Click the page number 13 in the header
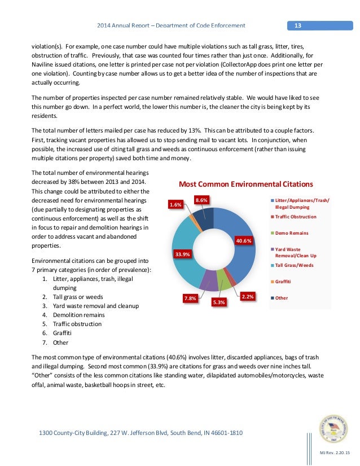(x=298, y=25)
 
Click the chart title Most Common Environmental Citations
(x=245, y=184)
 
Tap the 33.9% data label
(x=183, y=254)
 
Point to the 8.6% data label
(x=201, y=200)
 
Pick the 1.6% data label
(x=175, y=205)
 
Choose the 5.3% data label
(x=219, y=302)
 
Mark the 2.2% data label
(x=247, y=296)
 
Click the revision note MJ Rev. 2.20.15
(x=335, y=453)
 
